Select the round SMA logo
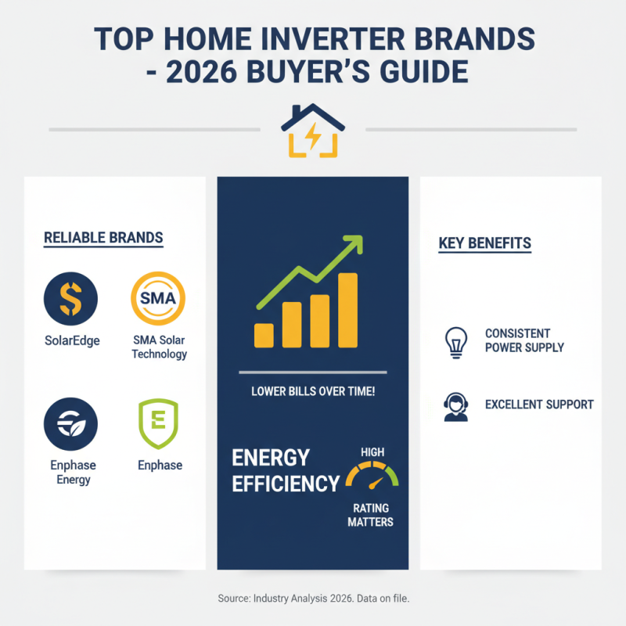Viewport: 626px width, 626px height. [x=159, y=300]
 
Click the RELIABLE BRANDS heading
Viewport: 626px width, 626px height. [x=103, y=238]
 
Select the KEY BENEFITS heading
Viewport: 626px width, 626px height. [x=484, y=243]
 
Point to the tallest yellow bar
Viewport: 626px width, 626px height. [x=347, y=310]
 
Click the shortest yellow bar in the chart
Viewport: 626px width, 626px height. [x=264, y=335]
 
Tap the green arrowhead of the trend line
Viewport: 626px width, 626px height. [x=354, y=244]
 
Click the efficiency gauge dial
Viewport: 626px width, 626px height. [x=372, y=475]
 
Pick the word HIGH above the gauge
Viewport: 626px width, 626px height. [x=372, y=452]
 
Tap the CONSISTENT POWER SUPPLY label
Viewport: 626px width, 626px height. [x=523, y=340]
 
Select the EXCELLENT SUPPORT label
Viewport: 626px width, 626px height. [x=539, y=405]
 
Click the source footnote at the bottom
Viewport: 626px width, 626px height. [x=313, y=598]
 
